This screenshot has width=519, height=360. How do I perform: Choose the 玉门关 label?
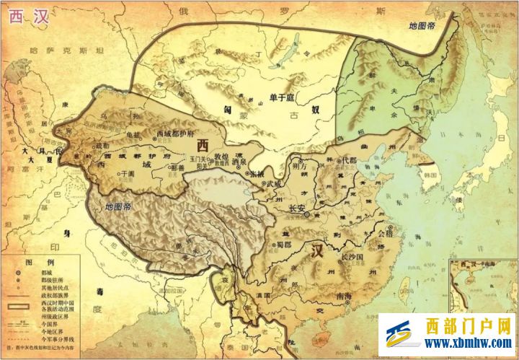[198, 157]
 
